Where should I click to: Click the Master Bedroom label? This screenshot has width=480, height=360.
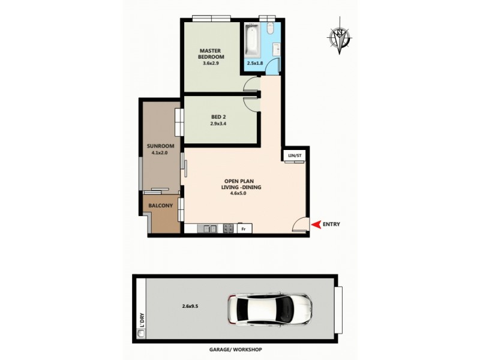211,54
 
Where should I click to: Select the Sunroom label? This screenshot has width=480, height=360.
160,146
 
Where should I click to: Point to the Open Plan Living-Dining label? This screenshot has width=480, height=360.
242,184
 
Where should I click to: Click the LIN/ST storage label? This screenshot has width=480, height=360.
294,156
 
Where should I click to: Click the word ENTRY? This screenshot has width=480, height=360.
331,224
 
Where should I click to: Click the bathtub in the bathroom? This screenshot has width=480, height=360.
251,39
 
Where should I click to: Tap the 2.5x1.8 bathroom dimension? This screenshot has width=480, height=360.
256,62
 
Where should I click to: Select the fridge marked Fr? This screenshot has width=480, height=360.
244,229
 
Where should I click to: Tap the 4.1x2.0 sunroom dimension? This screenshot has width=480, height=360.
160,153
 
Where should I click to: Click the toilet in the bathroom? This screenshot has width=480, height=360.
269,28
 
